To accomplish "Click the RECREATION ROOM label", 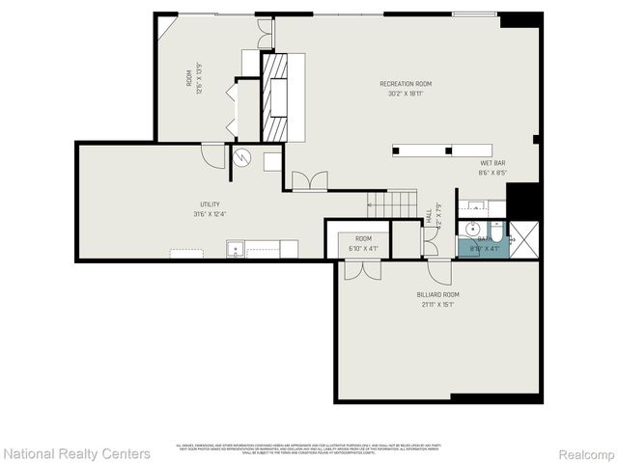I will [406, 84].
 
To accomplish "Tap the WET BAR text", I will [492, 163].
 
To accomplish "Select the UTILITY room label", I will [210, 204].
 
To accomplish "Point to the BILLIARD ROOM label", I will [438, 294].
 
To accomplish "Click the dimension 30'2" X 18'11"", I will [406, 95].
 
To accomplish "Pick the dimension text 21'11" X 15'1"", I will [438, 305].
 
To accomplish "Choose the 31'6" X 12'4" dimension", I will [210, 215].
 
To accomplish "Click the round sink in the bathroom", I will [473, 229].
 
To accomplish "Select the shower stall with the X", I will [524, 237].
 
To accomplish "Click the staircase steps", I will [391, 204].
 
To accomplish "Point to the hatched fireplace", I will [277, 97].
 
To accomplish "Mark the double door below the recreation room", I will [310, 179].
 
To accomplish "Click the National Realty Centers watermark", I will [76, 452].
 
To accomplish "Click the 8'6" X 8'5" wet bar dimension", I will [492, 174].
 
